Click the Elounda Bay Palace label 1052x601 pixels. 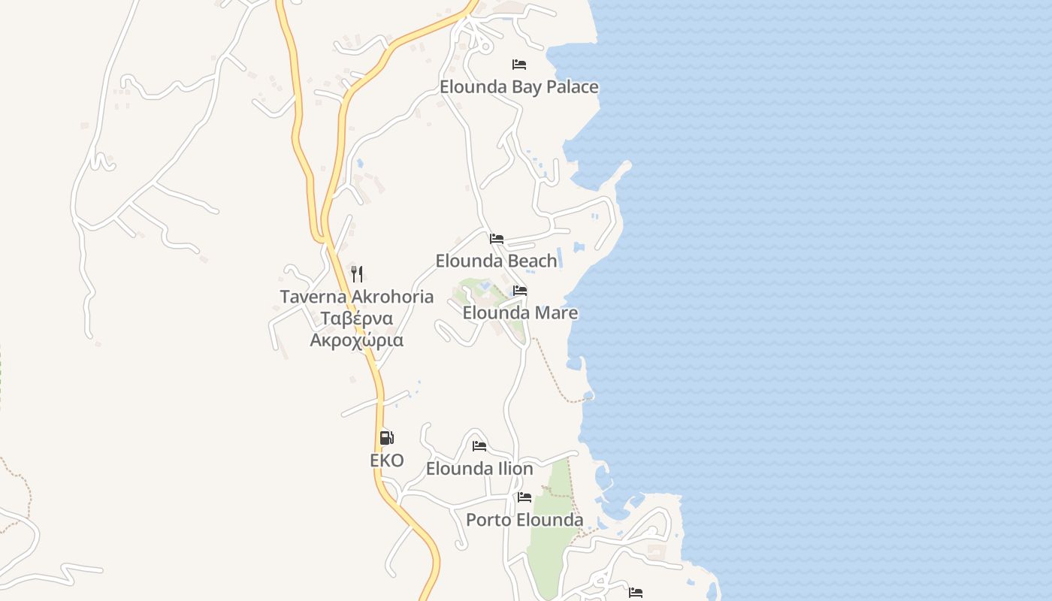[519, 87]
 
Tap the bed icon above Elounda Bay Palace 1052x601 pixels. [519, 65]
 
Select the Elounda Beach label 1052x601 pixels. [497, 261]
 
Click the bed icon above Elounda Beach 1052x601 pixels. [497, 239]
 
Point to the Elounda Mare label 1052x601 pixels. [520, 313]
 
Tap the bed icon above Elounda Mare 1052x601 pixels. [520, 291]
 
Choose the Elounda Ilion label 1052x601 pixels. [479, 469]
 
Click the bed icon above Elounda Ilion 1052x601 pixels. [479, 446]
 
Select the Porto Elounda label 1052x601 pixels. [524, 520]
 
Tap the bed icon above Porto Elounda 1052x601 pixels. [524, 497]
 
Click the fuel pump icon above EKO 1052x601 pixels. [386, 438]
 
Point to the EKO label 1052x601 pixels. [387, 461]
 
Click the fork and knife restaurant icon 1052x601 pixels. [357, 274]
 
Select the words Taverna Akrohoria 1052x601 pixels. [357, 297]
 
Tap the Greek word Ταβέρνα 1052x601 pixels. [357, 319]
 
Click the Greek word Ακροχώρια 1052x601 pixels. [357, 340]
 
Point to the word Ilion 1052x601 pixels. [515, 469]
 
